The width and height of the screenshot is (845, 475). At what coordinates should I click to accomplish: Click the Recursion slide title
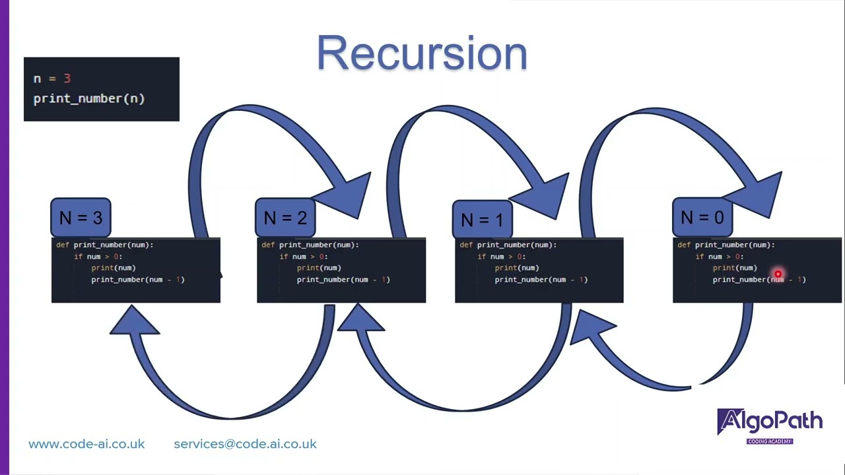(x=422, y=53)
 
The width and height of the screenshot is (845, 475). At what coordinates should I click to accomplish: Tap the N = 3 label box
(x=81, y=218)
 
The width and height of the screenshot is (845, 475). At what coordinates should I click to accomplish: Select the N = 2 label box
(x=285, y=218)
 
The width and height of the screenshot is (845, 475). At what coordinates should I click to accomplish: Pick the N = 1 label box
(x=482, y=219)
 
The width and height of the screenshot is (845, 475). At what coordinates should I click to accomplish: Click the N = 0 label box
(x=702, y=218)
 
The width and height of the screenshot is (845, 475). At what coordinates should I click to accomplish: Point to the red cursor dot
(x=778, y=274)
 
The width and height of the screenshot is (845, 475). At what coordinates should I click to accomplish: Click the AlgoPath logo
(x=770, y=424)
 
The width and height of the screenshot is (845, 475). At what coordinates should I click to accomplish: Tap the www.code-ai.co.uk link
(x=86, y=444)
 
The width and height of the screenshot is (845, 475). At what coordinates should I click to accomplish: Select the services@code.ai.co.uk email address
(x=245, y=444)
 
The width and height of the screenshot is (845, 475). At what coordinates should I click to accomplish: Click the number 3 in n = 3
(x=67, y=79)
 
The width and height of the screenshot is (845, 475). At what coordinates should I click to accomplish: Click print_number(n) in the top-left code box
(x=88, y=98)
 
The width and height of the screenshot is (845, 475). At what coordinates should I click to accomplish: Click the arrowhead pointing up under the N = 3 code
(x=134, y=321)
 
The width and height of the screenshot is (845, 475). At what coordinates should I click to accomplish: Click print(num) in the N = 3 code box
(x=113, y=268)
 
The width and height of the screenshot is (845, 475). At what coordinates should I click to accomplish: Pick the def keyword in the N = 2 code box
(x=267, y=245)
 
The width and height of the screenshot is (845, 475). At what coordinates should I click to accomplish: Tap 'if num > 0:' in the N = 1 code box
(x=501, y=257)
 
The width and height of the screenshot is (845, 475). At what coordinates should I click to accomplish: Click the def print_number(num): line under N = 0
(x=726, y=245)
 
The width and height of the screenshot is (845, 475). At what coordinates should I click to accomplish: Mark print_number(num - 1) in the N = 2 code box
(x=343, y=280)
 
